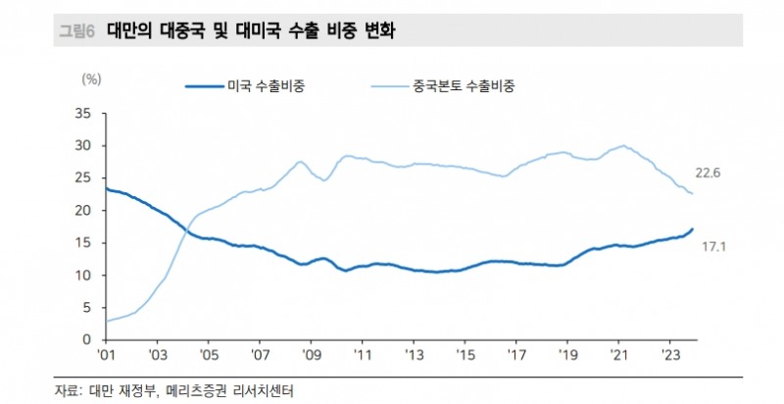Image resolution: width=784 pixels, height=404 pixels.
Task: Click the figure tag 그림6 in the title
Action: tap(75, 31)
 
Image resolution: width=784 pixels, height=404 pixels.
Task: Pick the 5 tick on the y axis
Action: tap(86, 307)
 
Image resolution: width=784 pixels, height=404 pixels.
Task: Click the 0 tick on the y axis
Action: tap(86, 339)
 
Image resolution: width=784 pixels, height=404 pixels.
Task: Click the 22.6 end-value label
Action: tap(709, 173)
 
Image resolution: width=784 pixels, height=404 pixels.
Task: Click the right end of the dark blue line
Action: tap(693, 229)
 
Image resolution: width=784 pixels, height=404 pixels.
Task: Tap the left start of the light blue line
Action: tap(105, 321)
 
